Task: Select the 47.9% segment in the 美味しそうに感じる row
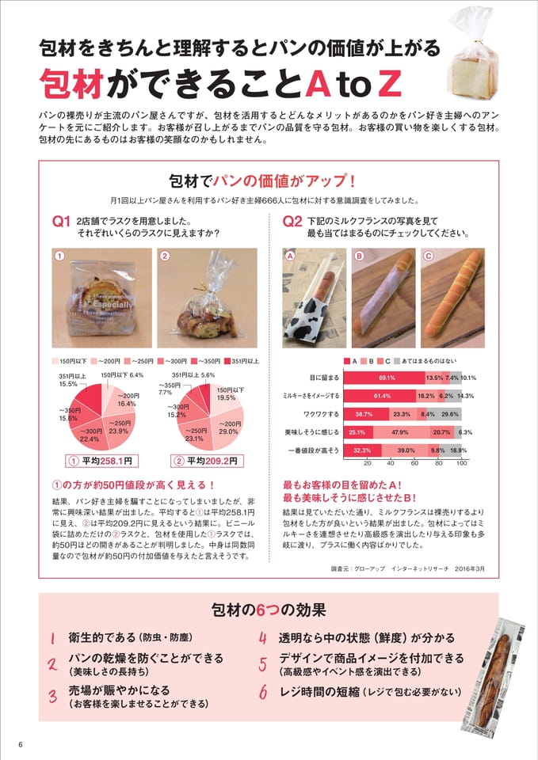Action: coord(401,432)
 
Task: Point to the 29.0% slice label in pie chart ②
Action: coord(228,427)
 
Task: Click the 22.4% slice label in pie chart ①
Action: coord(90,435)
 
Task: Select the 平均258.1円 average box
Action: coord(102,461)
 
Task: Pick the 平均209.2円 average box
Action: coord(207,461)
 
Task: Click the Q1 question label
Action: coord(62,222)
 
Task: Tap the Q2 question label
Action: coord(292,222)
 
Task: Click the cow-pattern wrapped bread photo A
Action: coord(315,298)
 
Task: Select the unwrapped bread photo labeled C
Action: coord(452,298)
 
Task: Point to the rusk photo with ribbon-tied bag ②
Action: coord(207,298)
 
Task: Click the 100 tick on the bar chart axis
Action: coord(462,463)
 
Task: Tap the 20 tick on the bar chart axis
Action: coord(367,463)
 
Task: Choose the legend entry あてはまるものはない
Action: coord(425,361)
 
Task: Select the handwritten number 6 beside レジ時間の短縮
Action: coord(263,692)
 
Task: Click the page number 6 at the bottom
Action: coord(21,745)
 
